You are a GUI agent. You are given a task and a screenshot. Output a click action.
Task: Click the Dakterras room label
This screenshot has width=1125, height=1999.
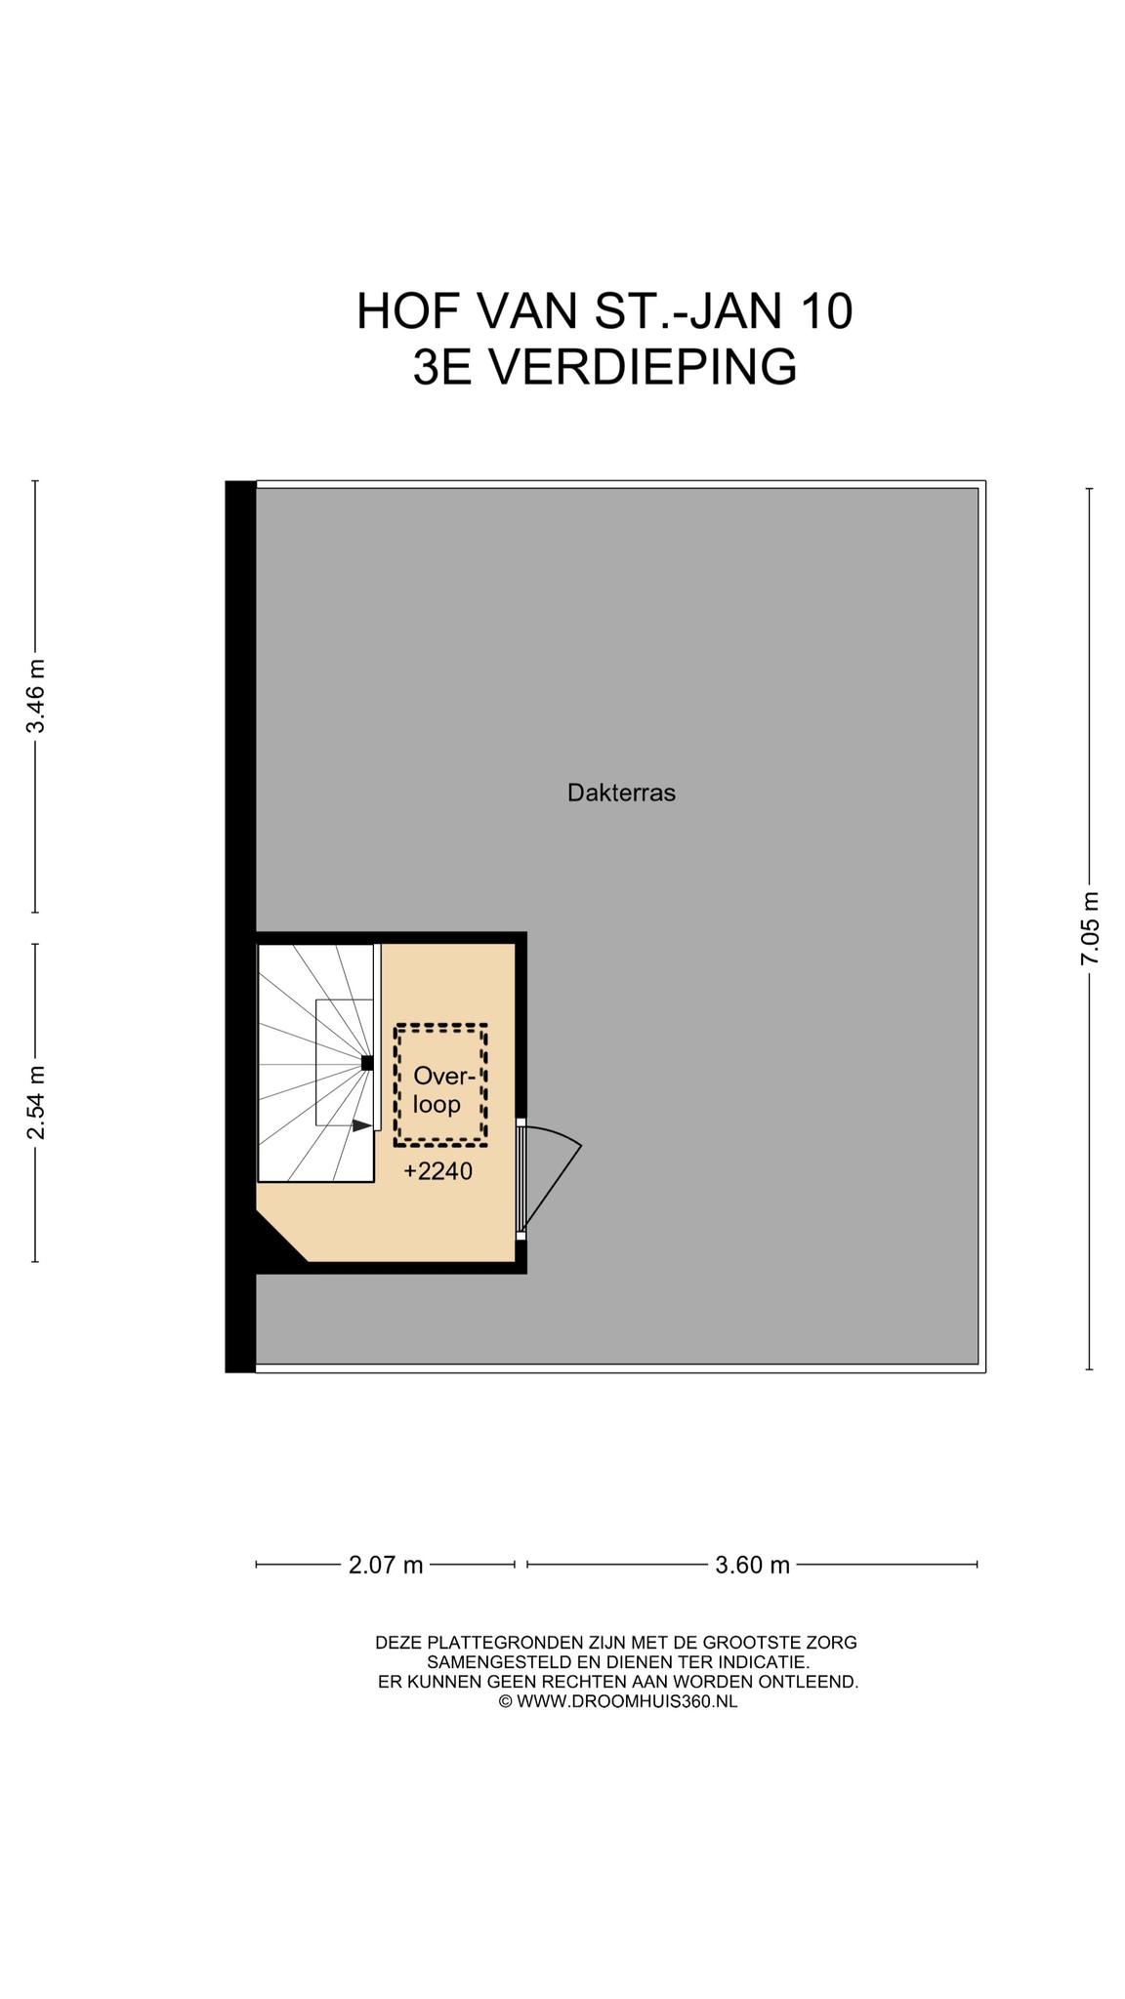click(621, 793)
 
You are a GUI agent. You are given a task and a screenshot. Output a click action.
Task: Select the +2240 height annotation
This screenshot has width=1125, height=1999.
click(438, 1171)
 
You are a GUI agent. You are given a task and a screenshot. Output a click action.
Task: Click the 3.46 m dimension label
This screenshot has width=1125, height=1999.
click(36, 697)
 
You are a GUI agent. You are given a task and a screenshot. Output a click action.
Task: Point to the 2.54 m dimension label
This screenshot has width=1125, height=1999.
click(36, 1102)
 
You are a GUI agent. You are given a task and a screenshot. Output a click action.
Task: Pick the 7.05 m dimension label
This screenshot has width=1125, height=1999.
click(1090, 928)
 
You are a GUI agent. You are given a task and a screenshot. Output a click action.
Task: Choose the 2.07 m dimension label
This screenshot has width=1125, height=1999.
click(386, 1566)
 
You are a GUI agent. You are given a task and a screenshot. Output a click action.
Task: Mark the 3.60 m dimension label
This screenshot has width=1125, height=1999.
click(752, 1566)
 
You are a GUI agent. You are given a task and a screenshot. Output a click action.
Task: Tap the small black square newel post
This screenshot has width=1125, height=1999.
click(367, 1063)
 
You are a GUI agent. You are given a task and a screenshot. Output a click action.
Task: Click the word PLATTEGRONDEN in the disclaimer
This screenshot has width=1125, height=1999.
click(514, 1643)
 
